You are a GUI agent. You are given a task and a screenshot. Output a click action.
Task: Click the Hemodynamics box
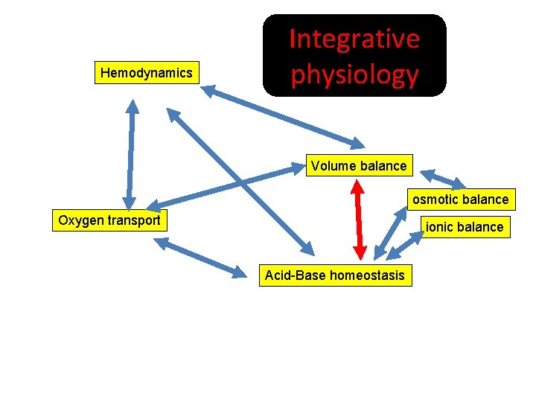pyautogui.click(x=147, y=73)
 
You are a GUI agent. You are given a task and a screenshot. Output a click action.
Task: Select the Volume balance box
pyautogui.click(x=359, y=166)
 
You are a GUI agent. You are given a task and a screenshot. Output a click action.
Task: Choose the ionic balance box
pyautogui.click(x=465, y=227)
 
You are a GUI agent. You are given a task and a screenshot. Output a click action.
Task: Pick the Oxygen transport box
pyautogui.click(x=109, y=220)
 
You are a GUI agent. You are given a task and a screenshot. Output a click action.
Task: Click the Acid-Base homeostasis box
pyautogui.click(x=335, y=276)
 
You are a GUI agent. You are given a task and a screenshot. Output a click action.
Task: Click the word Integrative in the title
pyautogui.click(x=354, y=39)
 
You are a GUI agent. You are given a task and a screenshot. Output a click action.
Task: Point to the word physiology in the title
pyautogui.click(x=354, y=74)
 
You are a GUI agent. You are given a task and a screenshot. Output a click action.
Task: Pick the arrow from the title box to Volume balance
pyautogui.click(x=283, y=115)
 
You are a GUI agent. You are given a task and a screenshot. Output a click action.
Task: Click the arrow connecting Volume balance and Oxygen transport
pyautogui.click(x=223, y=187)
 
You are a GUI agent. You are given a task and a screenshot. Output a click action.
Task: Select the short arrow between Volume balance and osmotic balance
pyautogui.click(x=442, y=179)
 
